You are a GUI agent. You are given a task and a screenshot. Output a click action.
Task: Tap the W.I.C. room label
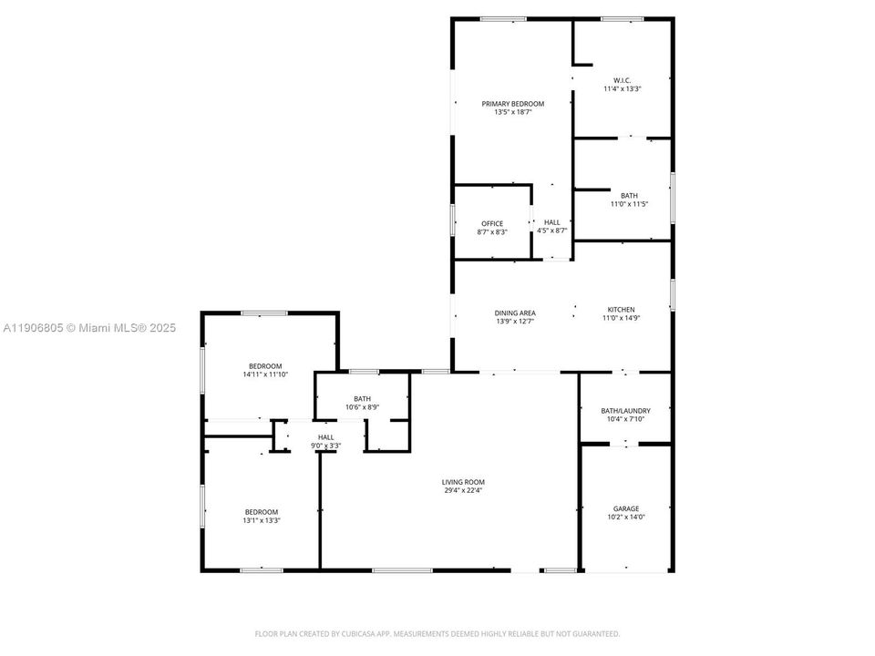click(x=623, y=80)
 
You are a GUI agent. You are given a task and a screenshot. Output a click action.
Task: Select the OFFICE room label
click(x=492, y=223)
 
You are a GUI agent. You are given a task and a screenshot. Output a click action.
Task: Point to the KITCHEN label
click(x=622, y=310)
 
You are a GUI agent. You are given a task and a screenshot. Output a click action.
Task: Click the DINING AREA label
click(x=515, y=313)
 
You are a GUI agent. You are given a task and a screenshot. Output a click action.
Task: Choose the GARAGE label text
click(x=626, y=508)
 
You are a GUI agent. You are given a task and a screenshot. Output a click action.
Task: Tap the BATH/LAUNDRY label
click(x=625, y=411)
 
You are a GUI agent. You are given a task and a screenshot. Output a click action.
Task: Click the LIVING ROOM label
click(x=463, y=482)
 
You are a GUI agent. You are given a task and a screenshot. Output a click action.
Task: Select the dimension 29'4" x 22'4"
click(x=463, y=491)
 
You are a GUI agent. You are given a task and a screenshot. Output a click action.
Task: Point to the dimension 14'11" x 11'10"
click(x=265, y=374)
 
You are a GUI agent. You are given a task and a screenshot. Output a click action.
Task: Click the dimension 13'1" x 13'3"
click(x=261, y=521)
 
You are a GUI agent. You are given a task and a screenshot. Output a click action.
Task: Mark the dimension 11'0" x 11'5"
click(x=629, y=204)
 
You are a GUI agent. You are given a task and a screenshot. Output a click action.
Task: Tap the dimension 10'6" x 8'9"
click(x=362, y=407)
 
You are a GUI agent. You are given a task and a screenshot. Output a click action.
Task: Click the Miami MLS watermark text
click(x=89, y=328)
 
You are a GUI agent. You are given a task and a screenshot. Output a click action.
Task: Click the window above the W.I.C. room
click(x=622, y=19)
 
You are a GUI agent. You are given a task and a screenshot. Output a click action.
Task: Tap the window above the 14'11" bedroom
click(x=265, y=313)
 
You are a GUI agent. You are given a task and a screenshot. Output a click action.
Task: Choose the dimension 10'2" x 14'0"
click(x=626, y=518)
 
